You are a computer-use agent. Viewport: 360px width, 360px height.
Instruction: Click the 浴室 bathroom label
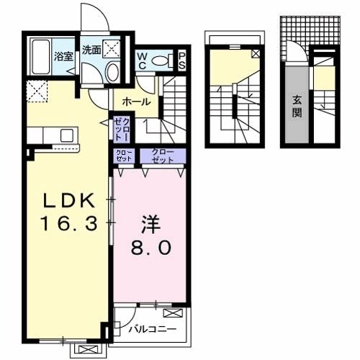point(63,56)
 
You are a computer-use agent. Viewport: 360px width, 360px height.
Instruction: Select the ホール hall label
point(136,102)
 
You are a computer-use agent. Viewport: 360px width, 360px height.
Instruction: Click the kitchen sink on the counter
point(66,135)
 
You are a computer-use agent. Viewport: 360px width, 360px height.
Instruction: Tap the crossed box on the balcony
point(173,313)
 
